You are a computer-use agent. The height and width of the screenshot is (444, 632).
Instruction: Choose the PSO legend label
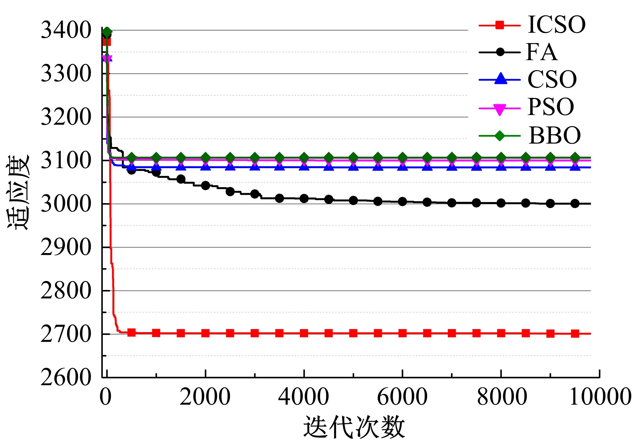(x=551, y=107)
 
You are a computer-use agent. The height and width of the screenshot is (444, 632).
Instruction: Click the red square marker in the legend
(x=500, y=25)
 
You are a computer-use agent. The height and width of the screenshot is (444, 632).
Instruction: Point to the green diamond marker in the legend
(x=500, y=136)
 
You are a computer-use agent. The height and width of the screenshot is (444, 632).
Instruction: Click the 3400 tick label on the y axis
(x=66, y=30)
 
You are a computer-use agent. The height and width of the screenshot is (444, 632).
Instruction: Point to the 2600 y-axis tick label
(x=66, y=377)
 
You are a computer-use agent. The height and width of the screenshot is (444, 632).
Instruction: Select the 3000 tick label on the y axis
(x=66, y=203)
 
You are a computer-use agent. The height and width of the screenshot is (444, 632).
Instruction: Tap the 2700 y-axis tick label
(x=66, y=334)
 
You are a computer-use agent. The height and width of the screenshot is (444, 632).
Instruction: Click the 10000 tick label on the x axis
(x=600, y=397)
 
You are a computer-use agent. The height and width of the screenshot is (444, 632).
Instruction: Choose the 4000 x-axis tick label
(x=304, y=397)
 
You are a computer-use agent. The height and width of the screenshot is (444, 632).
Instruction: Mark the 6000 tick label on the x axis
(x=402, y=397)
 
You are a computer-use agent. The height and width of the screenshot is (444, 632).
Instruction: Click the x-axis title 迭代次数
(x=354, y=427)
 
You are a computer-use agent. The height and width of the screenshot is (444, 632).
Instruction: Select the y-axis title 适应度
(x=19, y=192)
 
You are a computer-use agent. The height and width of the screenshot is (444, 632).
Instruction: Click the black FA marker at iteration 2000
(x=206, y=185)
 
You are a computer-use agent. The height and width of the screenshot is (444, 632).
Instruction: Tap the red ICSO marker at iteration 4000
(x=304, y=333)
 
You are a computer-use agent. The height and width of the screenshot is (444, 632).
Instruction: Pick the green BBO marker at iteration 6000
(x=402, y=158)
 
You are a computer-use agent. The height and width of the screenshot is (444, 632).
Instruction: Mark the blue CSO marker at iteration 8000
(x=501, y=166)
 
